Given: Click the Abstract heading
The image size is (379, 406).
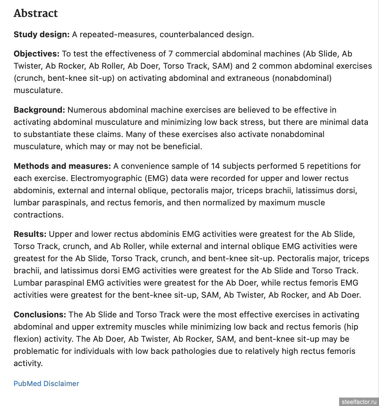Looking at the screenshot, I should tap(36, 13).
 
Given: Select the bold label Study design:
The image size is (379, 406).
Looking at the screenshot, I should tap(42, 35).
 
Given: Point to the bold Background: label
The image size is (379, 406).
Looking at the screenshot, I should tap(39, 110).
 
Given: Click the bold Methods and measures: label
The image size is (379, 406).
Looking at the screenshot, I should tap(62, 166).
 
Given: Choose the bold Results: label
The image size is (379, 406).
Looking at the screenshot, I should tap(30, 234).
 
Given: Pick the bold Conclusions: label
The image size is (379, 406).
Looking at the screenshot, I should tap(40, 315).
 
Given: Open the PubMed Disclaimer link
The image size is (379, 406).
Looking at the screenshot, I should tap(46, 384).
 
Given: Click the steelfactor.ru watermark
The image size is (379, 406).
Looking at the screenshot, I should tap(359, 402).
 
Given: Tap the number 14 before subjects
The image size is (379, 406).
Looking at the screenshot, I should tap(216, 166).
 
